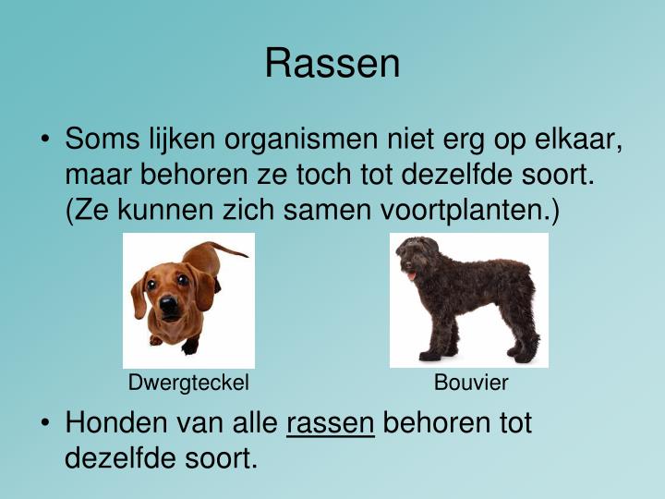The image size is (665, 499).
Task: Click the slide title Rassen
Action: click(x=332, y=64)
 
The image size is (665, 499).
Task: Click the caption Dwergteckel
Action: click(x=188, y=383)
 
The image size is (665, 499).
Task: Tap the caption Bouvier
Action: click(x=471, y=383)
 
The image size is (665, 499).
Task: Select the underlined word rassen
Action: click(x=331, y=423)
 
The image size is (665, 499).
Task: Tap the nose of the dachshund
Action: click(x=168, y=304)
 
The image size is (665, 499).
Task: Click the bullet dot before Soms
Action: click(x=45, y=142)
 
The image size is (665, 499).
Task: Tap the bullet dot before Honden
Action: click(x=45, y=424)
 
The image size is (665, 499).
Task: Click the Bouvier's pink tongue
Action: click(x=412, y=275)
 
